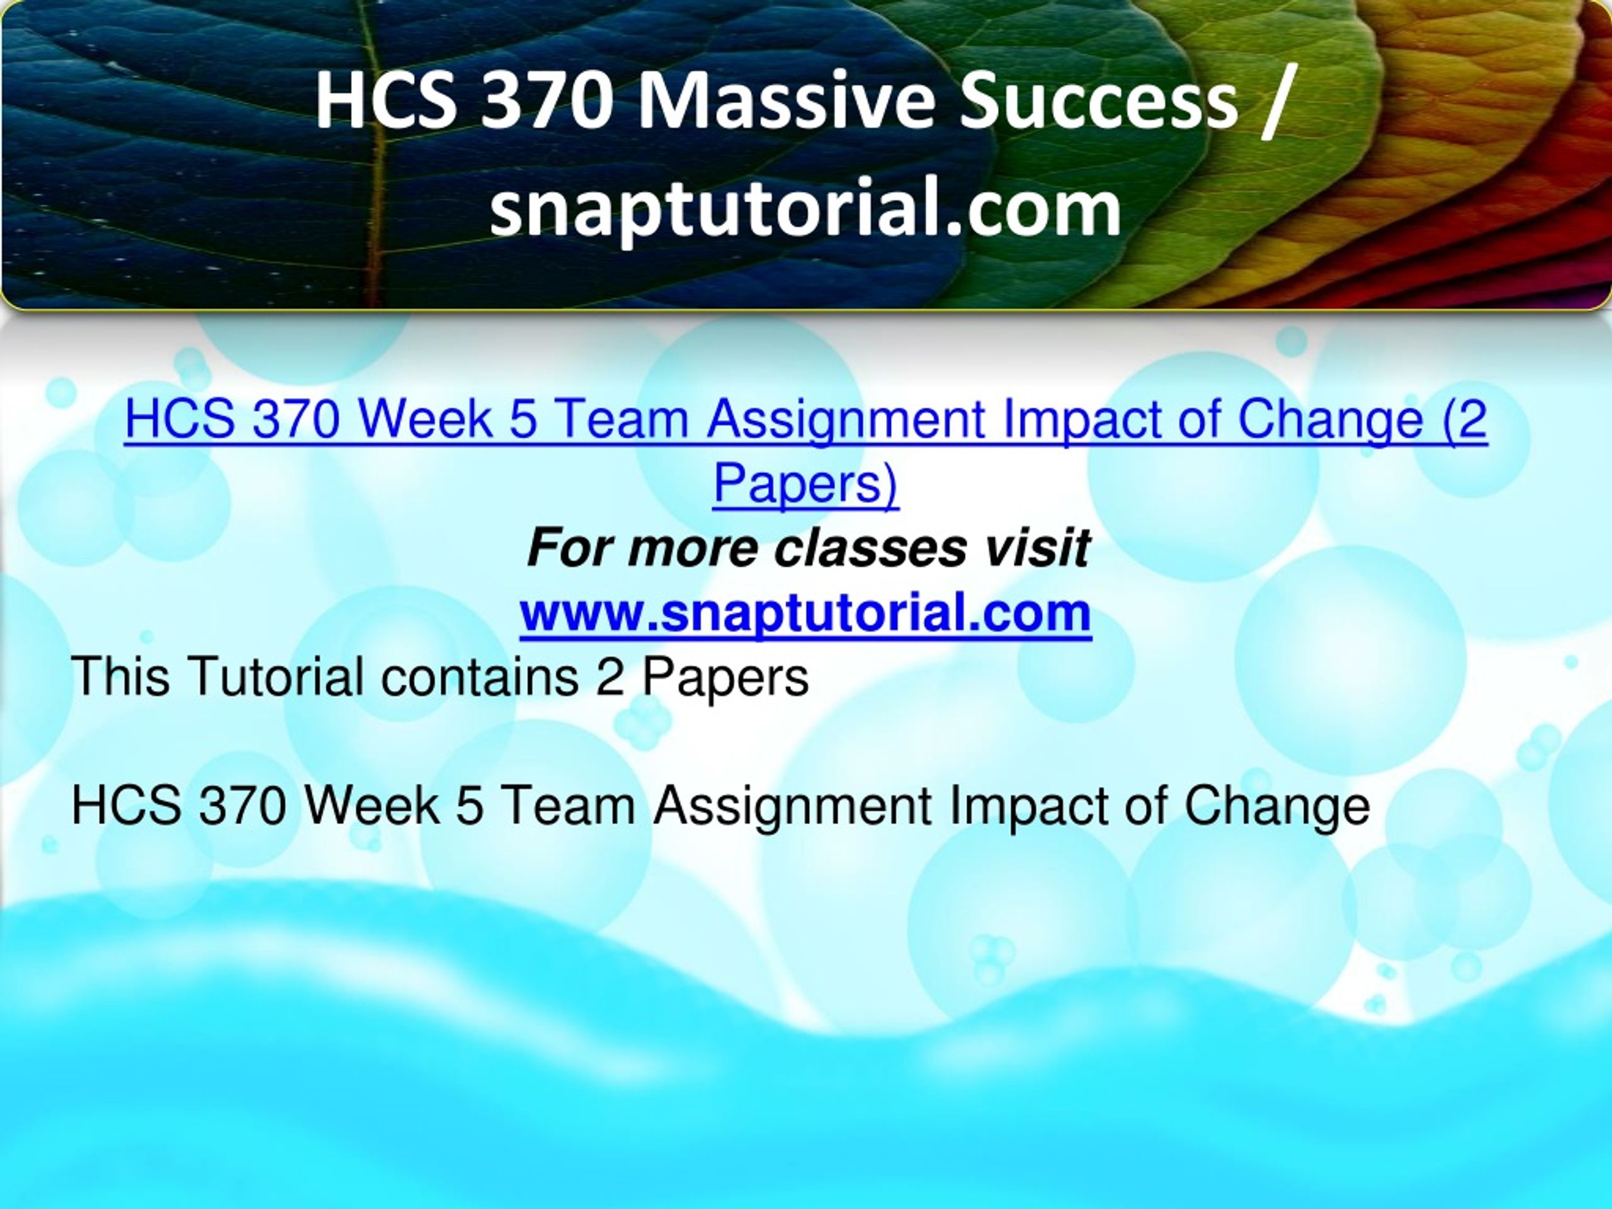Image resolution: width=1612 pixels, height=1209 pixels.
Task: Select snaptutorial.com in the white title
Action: (x=805, y=210)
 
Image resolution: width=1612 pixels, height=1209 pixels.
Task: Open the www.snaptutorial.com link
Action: (x=805, y=613)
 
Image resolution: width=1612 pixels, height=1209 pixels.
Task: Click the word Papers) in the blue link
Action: (x=805, y=483)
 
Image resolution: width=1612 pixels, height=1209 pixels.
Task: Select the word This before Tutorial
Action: (x=121, y=676)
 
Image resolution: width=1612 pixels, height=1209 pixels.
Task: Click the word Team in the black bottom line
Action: (x=569, y=806)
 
